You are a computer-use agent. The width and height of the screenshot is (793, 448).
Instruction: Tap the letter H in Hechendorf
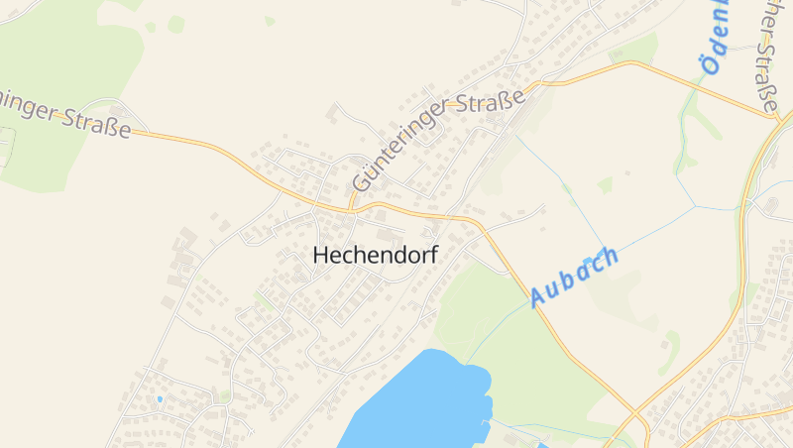click(320, 255)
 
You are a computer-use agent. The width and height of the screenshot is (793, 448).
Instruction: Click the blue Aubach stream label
click(574, 276)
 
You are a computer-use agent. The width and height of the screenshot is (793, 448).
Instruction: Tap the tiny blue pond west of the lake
click(159, 399)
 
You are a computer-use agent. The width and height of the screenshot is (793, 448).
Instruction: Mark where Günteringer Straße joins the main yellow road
click(352, 209)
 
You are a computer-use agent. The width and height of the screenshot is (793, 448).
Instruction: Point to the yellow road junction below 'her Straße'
click(775, 117)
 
